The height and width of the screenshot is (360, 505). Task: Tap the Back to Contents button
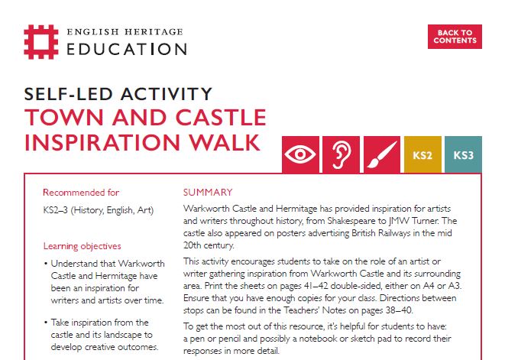click(455, 37)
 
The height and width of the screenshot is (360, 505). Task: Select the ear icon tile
click(340, 155)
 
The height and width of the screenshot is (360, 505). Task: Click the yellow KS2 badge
click(422, 155)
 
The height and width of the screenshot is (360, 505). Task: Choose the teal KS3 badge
click(463, 155)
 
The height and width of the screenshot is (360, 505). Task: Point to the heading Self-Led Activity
click(118, 94)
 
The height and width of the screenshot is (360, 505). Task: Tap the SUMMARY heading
click(208, 192)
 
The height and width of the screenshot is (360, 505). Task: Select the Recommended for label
click(81, 193)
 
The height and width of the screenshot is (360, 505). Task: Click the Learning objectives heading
click(82, 246)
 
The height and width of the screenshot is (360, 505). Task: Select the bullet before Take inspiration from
click(47, 323)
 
